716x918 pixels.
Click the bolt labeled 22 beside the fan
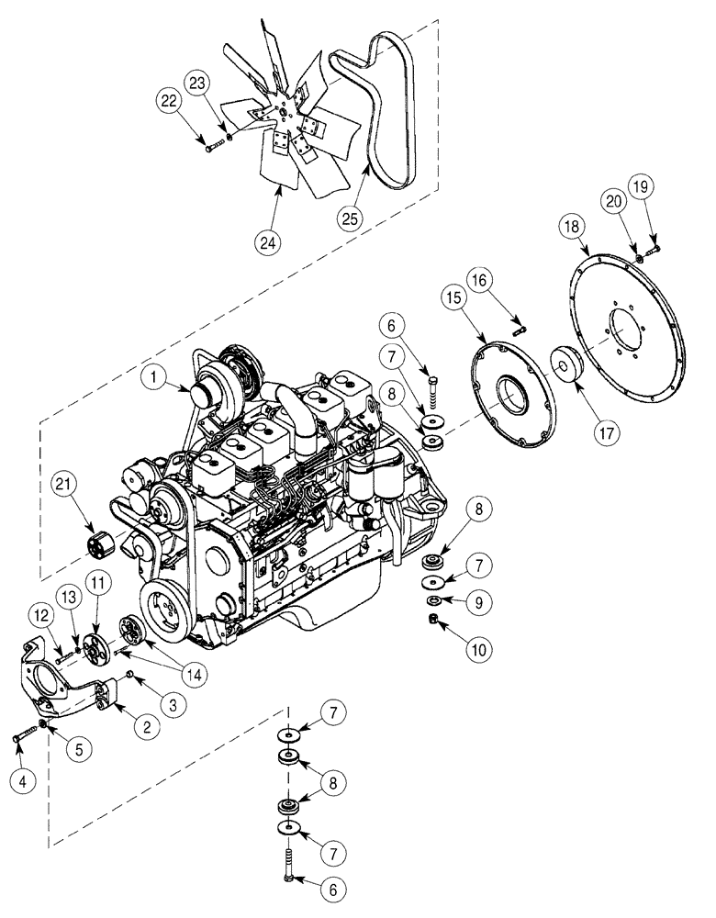tap(209, 149)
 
